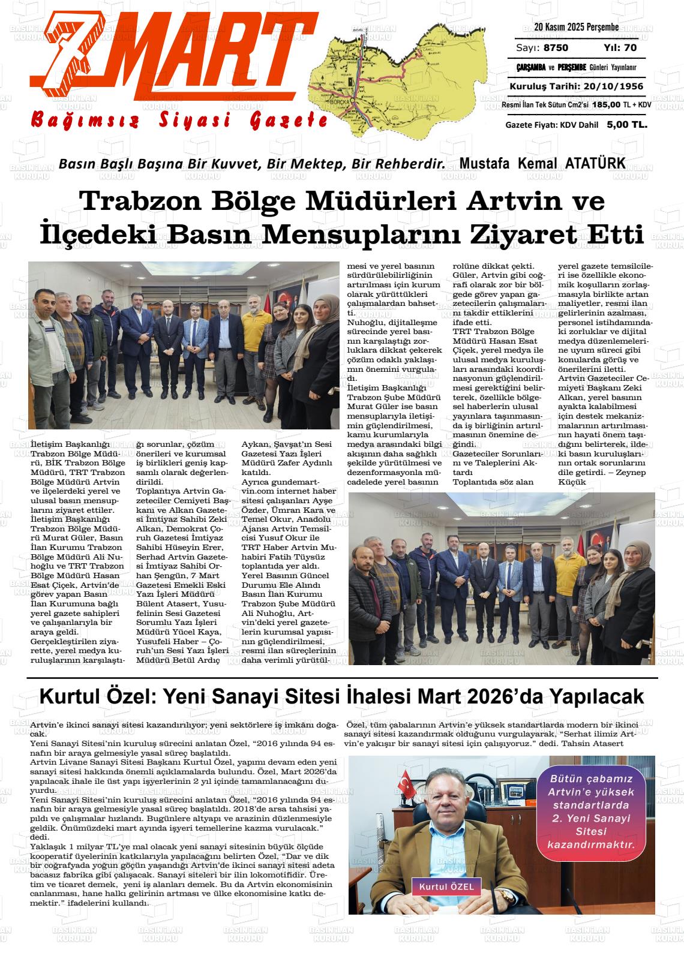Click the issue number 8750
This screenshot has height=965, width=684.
[556, 48]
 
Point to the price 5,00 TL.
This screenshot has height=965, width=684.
[627, 125]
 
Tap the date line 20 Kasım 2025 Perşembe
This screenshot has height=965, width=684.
[576, 28]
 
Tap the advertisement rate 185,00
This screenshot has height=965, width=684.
[606, 105]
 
